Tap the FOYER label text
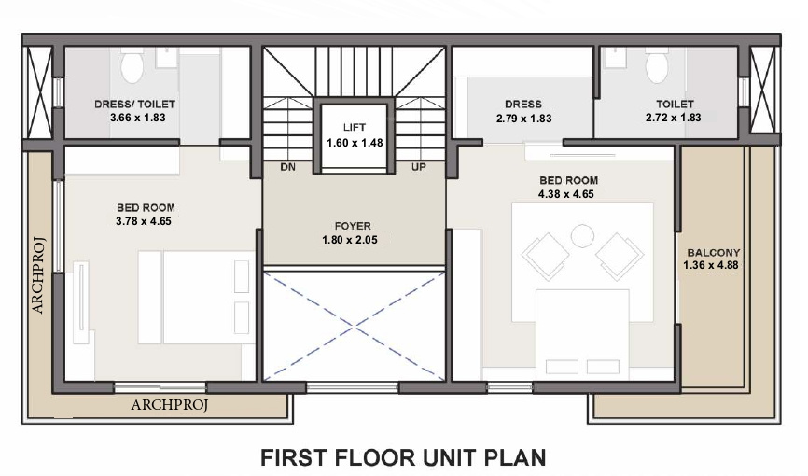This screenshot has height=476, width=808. coord(353,226)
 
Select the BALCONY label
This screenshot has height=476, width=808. coord(713,253)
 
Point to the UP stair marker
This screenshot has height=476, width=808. coord(419,167)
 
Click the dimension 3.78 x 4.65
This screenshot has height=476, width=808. coord(146,221)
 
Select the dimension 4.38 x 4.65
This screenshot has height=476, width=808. coord(567,194)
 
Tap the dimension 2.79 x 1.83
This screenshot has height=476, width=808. coord(523,119)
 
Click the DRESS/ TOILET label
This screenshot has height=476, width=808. coord(135,105)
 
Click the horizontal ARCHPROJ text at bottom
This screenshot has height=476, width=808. coord(169,405)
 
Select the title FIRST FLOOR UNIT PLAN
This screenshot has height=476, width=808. coord(402,457)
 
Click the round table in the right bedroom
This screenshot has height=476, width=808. coord(582,235)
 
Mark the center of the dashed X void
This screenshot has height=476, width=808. coord(352,326)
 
